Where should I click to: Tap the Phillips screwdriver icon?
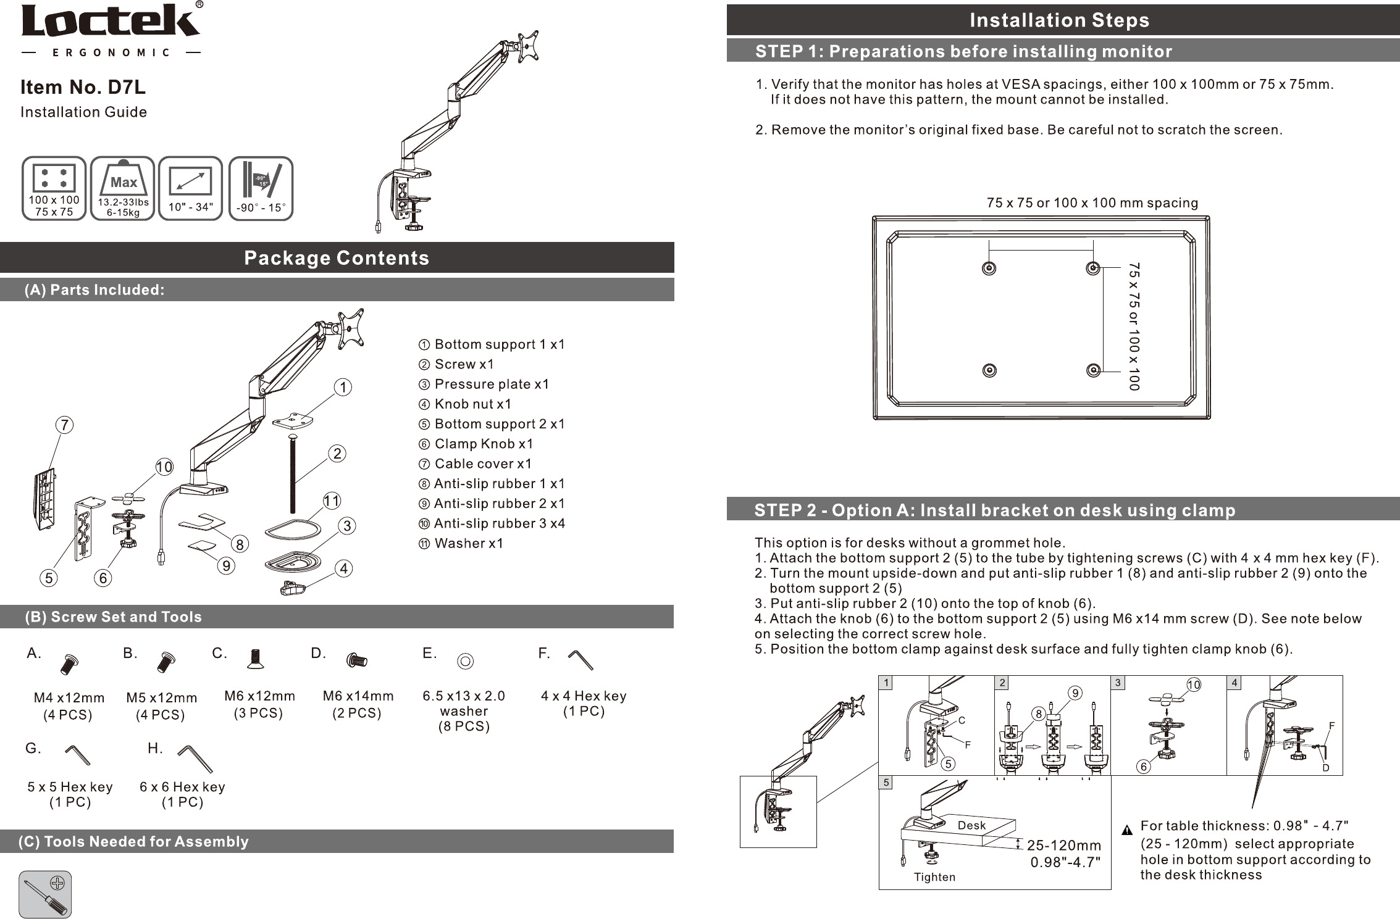tap(45, 894)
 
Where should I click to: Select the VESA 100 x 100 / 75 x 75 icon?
tap(54, 188)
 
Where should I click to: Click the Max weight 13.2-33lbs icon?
tap(123, 188)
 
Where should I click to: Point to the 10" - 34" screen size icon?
tap(191, 188)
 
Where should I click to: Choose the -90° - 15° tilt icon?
tap(261, 188)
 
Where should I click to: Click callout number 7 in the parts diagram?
tap(64, 425)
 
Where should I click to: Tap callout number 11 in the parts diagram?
tap(332, 501)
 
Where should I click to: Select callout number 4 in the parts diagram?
tap(343, 568)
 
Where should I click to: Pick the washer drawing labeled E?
tap(466, 662)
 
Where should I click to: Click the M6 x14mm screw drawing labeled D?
tap(356, 660)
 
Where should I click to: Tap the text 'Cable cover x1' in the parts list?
tap(482, 464)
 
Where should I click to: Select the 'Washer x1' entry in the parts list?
tap(469, 543)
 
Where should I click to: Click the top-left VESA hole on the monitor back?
tap(989, 268)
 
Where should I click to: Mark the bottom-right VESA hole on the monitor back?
tap(1093, 370)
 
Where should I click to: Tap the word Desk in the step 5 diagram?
tap(971, 825)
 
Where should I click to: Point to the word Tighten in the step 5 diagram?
tap(934, 877)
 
